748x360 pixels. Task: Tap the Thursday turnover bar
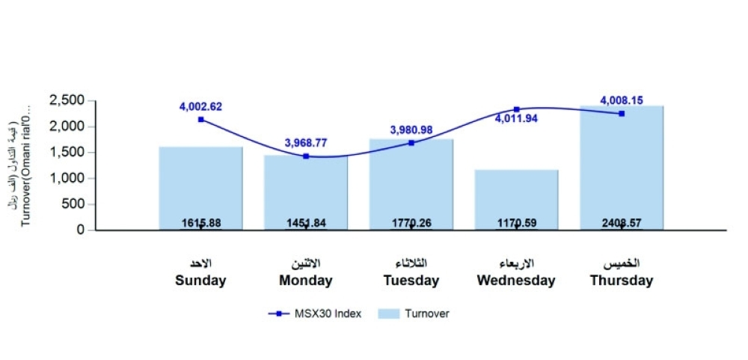pos(622,165)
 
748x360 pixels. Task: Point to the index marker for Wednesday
pos(516,109)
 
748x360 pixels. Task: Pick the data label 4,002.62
pos(200,107)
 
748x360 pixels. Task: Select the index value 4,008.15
pos(622,100)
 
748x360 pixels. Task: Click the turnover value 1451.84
pos(306,223)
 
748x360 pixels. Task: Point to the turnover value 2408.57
pos(622,223)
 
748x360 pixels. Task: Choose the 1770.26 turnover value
pos(411,223)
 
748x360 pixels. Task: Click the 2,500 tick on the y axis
pos(67,100)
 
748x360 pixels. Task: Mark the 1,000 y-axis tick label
pos(67,178)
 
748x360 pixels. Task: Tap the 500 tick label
pos(73,204)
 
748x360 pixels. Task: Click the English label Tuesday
pos(411,281)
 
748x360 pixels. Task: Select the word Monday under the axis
pos(306,281)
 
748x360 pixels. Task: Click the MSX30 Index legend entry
pos(315,314)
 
